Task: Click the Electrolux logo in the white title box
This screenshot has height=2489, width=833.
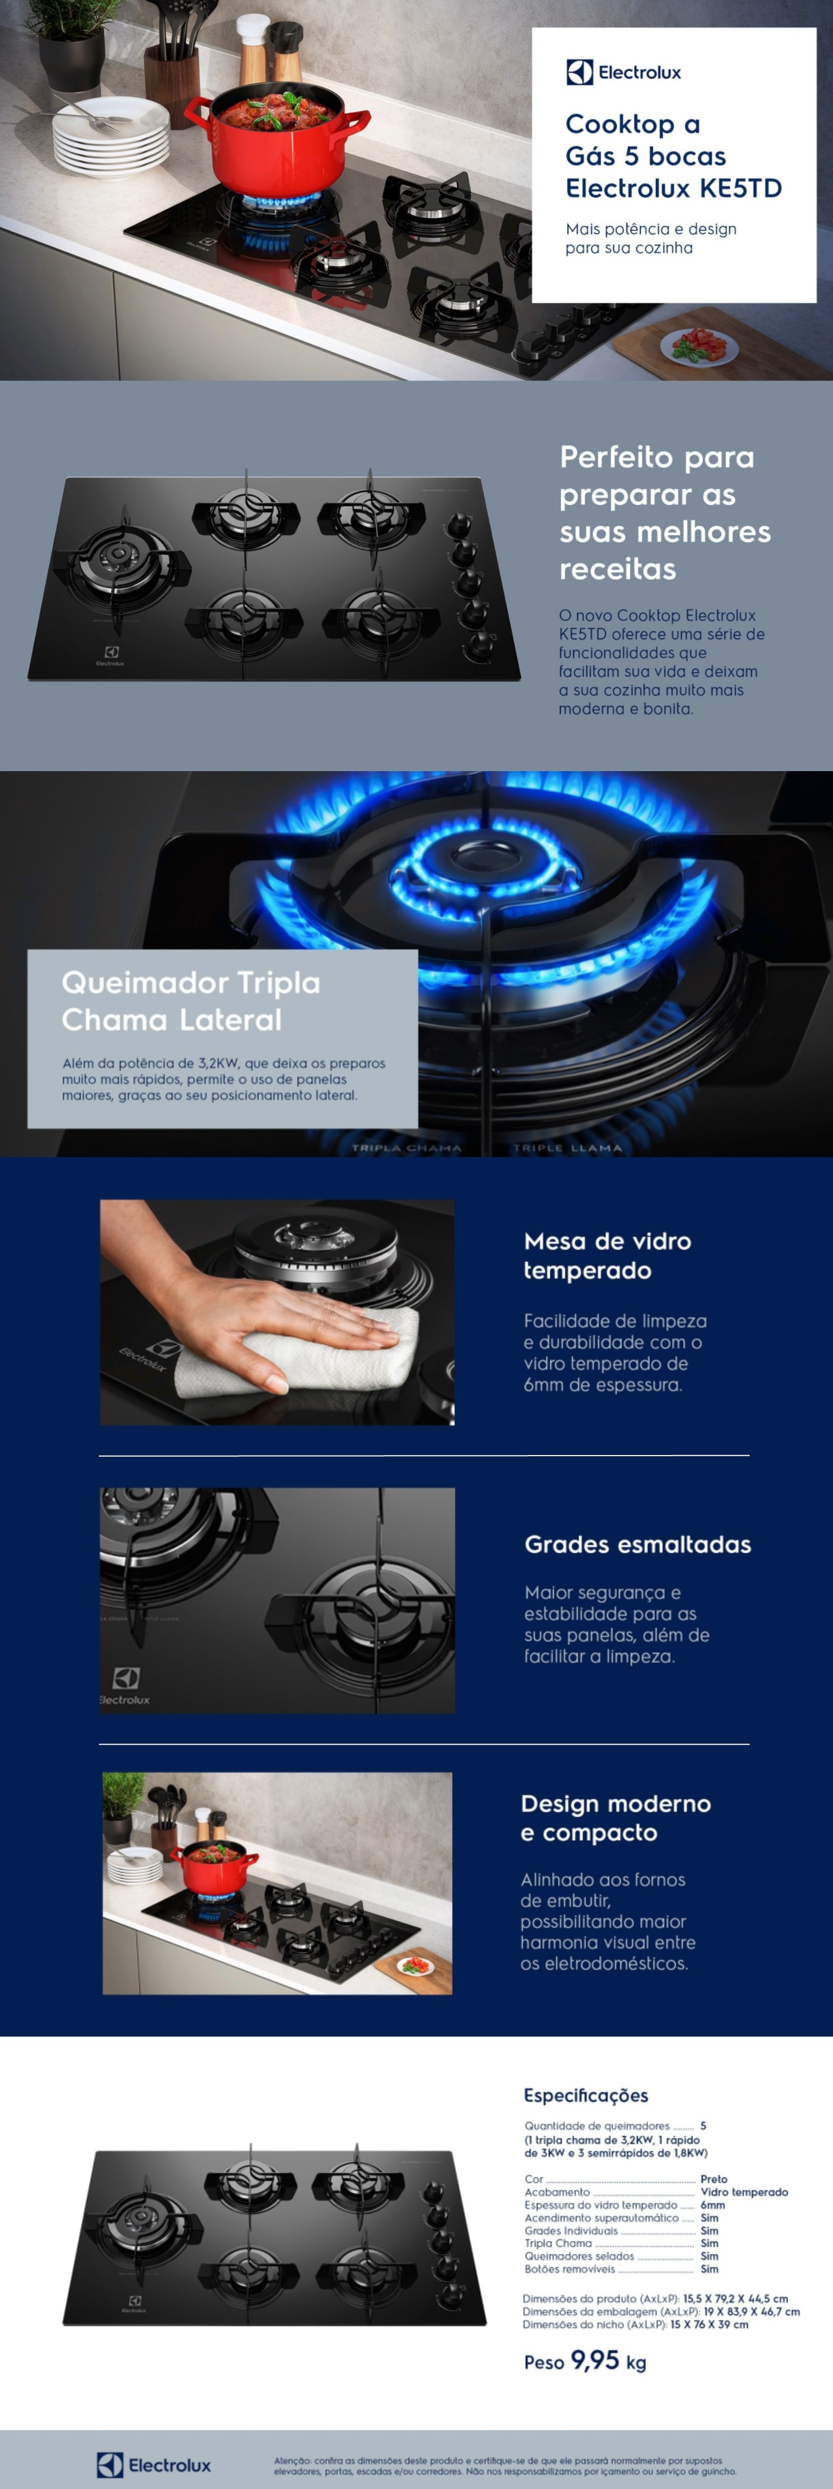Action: pyautogui.click(x=623, y=72)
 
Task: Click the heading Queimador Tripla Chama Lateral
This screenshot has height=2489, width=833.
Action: pyautogui.click(x=190, y=1001)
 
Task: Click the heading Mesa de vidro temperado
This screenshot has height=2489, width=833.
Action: pyautogui.click(x=607, y=1255)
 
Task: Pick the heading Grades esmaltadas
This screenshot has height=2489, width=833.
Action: pyautogui.click(x=638, y=1544)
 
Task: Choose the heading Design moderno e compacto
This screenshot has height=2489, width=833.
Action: pyautogui.click(x=615, y=1817)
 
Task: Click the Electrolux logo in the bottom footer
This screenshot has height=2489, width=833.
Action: pyautogui.click(x=154, y=2464)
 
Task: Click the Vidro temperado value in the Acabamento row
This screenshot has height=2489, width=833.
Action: pyautogui.click(x=744, y=2191)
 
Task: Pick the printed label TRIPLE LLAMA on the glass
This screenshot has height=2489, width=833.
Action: pyautogui.click(x=567, y=1148)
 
